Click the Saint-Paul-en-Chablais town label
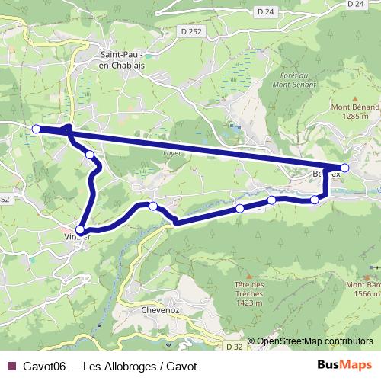pyautogui.click(x=123, y=60)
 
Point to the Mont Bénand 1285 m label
pyautogui.click(x=354, y=112)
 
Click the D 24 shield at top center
pyautogui.click(x=265, y=11)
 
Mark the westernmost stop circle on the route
pyautogui.click(x=36, y=129)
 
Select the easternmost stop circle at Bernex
pyautogui.click(x=344, y=168)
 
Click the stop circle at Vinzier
pyautogui.click(x=80, y=229)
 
